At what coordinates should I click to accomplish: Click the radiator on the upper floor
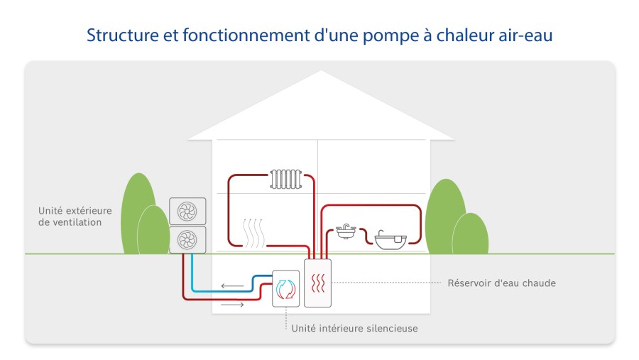coord(285,179)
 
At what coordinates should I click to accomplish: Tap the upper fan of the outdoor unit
coord(187,211)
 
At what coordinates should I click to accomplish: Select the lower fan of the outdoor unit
coord(187,240)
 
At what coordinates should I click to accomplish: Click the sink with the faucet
coord(346,231)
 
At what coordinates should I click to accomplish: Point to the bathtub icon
coord(390,240)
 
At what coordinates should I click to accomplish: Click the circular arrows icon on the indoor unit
coord(285,289)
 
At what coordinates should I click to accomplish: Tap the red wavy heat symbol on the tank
coord(318,283)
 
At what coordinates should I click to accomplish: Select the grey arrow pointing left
coord(232,285)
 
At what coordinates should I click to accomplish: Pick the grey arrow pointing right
coord(232,305)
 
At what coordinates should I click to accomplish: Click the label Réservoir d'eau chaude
coord(502,283)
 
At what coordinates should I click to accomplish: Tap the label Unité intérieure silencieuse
coord(354,328)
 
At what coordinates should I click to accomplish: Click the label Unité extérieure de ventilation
coord(75,216)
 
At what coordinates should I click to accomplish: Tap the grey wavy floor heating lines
coord(253,233)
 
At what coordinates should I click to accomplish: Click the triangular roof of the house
coord(321,106)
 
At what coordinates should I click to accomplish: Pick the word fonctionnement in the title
coord(246,35)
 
